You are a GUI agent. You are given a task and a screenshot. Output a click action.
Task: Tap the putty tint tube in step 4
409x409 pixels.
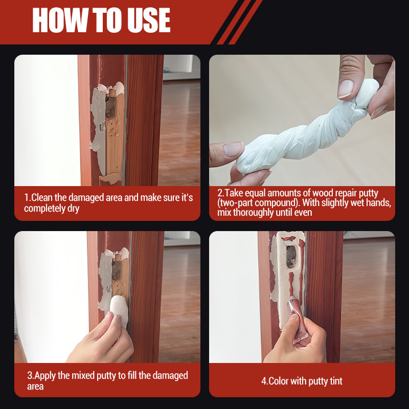pyautogui.click(x=296, y=314)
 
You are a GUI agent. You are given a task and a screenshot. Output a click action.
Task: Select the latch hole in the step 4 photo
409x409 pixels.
pyautogui.click(x=290, y=256)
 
